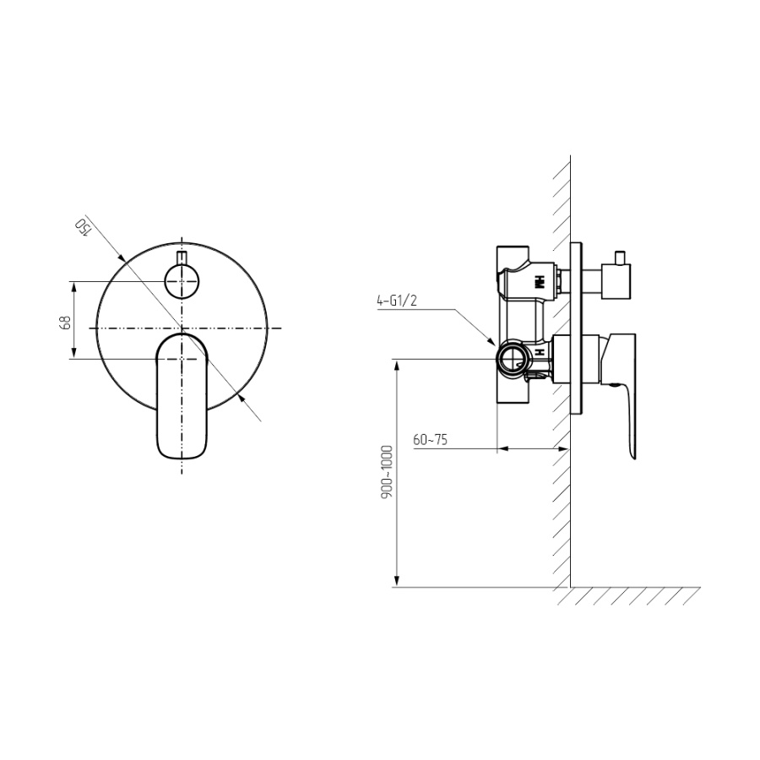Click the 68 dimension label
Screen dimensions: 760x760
[x=65, y=323]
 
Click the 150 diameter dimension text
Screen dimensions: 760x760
[x=83, y=225]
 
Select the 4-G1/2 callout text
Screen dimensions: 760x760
[x=397, y=301]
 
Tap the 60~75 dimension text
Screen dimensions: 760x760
[x=431, y=440]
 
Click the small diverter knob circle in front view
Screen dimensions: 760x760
[x=182, y=281]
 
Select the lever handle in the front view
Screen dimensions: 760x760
[x=182, y=395]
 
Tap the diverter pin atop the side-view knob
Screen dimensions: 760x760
[x=619, y=258]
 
